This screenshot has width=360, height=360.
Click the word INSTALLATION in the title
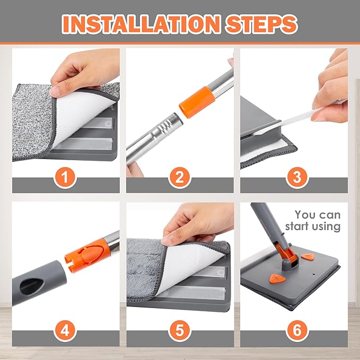tap(142, 24)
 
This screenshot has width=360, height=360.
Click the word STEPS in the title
tap(261, 24)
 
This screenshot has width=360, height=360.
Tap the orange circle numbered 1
tap(65, 178)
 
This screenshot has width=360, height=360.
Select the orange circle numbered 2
tap(180, 178)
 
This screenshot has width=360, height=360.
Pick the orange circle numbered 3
tap(297, 178)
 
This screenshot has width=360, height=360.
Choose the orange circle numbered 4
tap(65, 331)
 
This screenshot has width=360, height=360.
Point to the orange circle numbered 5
tap(180, 331)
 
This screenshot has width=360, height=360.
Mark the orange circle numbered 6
tap(297, 331)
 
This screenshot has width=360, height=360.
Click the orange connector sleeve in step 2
tap(197, 102)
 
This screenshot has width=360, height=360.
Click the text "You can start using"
tap(313, 221)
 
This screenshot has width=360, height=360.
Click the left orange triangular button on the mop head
tap(277, 278)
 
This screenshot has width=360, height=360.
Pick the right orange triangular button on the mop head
tap(308, 257)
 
